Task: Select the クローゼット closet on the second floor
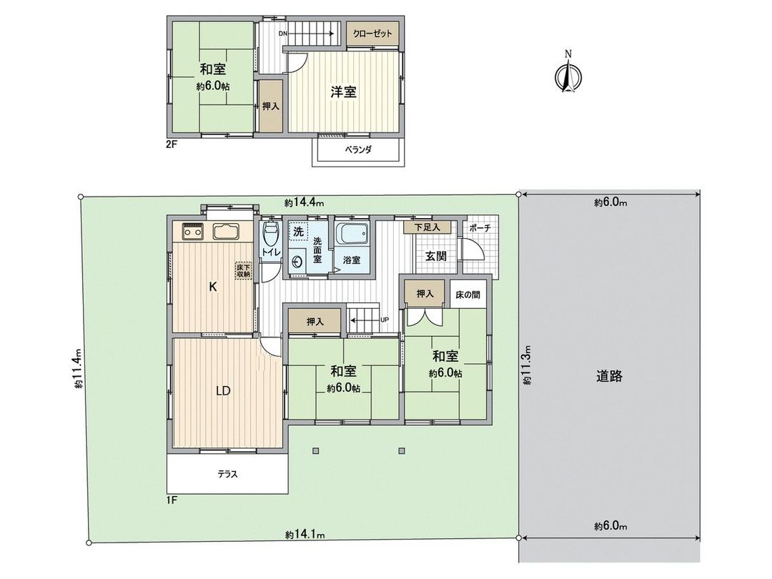(x=372, y=34)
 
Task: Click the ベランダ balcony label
(x=355, y=152)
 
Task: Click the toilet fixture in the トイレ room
(x=270, y=233)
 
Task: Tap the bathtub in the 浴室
(x=352, y=234)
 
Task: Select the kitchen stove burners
(x=192, y=232)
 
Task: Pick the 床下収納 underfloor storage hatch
(x=244, y=271)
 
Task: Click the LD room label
(x=223, y=391)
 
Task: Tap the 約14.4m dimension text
(x=300, y=203)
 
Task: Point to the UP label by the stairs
(x=385, y=320)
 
